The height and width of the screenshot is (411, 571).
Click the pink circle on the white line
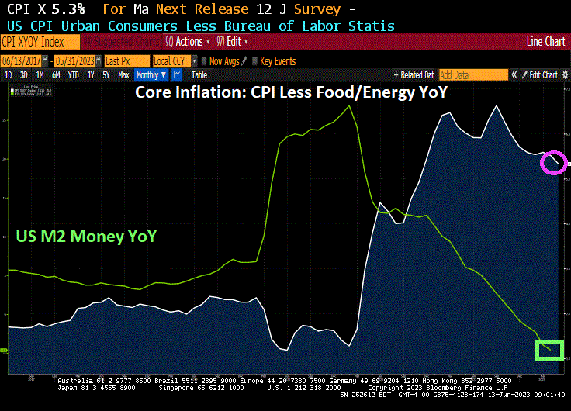tap(553, 162)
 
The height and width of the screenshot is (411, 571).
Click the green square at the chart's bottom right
tap(549, 350)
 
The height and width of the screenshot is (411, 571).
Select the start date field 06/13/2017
tap(26, 60)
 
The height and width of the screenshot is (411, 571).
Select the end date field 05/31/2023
tap(77, 60)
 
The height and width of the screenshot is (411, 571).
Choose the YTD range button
tap(74, 75)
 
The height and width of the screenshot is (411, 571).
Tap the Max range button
tap(123, 75)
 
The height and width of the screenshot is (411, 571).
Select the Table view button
tap(199, 75)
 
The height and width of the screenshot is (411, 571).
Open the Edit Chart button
tap(542, 75)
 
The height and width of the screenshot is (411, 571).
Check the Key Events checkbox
tap(255, 60)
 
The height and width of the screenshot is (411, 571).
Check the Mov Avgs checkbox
tap(204, 60)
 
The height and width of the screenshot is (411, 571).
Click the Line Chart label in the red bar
tap(545, 41)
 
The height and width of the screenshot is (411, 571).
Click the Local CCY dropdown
tap(174, 60)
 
